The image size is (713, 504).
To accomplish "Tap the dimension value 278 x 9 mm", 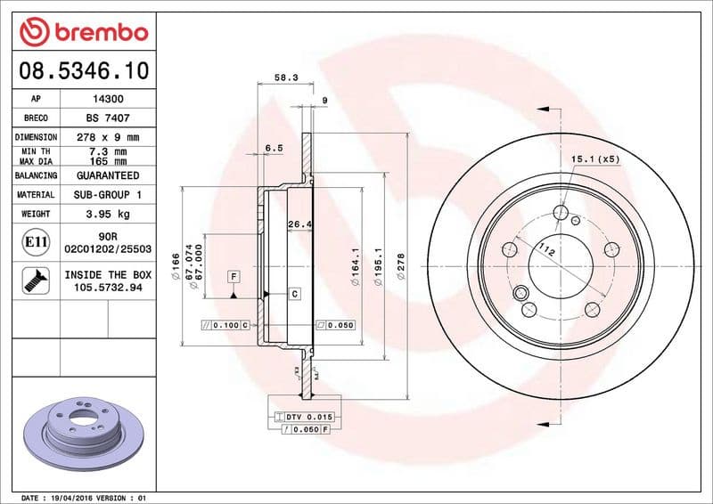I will pyautogui.click(x=108, y=137).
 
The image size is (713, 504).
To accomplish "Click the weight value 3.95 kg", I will pyautogui.click(x=108, y=214).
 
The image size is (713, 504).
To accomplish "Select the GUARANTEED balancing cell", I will pyautogui.click(x=108, y=175).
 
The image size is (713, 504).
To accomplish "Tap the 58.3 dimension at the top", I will pyautogui.click(x=285, y=78).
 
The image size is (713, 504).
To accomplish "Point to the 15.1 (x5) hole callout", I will pyautogui.click(x=594, y=159).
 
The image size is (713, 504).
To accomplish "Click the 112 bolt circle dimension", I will pyautogui.click(x=549, y=254).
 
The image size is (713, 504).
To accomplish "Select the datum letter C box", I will pyautogui.click(x=294, y=293).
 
